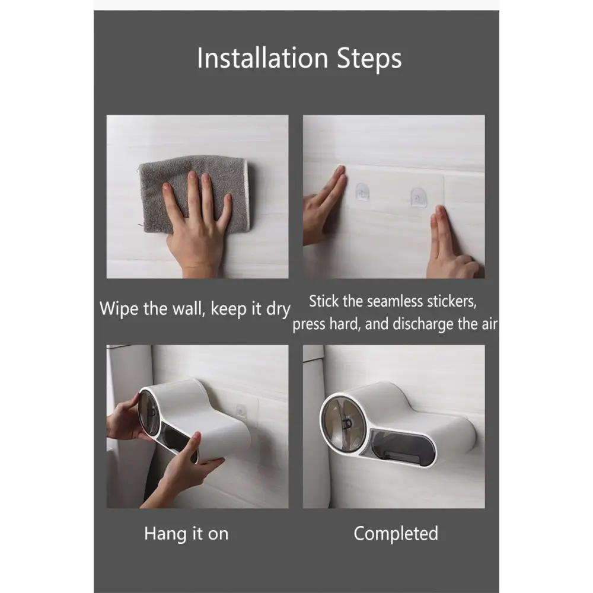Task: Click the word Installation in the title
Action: (x=263, y=58)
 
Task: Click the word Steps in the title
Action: (x=369, y=60)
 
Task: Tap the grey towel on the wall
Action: (x=195, y=192)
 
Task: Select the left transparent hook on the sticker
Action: (x=362, y=192)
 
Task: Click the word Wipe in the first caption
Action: (x=119, y=308)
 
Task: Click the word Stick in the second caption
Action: (x=324, y=301)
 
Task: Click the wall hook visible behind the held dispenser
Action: (x=241, y=412)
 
